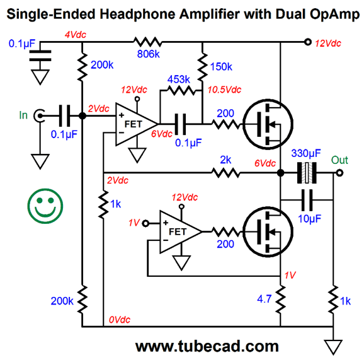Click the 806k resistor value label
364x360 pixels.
[x=149, y=54]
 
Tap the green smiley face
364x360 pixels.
[x=45, y=206]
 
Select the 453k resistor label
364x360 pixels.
[x=178, y=79]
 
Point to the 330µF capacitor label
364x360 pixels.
[x=306, y=154]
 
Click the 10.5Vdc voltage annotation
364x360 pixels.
[x=224, y=90]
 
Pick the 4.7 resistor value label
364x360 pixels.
[x=264, y=299]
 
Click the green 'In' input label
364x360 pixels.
[x=23, y=115]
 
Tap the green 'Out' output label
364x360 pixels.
[x=339, y=160]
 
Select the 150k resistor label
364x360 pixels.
[x=221, y=67]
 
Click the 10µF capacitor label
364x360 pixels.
[x=309, y=219]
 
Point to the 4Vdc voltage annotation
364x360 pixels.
[x=75, y=35]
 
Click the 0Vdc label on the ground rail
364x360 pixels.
[x=120, y=320]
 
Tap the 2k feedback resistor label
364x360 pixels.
[x=225, y=160]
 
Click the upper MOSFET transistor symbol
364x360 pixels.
[x=268, y=124]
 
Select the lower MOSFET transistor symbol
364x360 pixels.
[x=268, y=232]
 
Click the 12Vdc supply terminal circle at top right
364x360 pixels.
[x=308, y=42]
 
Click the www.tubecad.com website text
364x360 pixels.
[x=207, y=347]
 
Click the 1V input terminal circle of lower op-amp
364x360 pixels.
[x=145, y=223]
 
